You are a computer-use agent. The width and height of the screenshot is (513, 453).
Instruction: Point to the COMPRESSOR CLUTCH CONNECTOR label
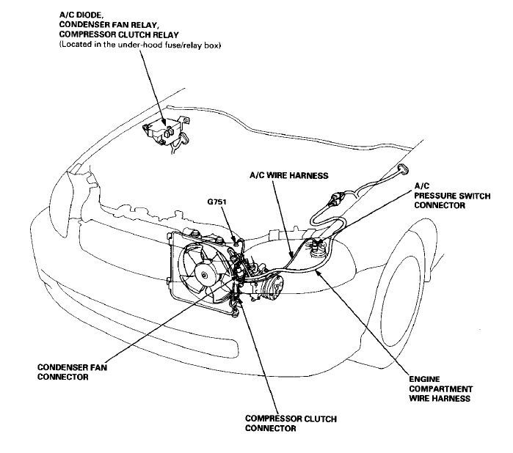291,422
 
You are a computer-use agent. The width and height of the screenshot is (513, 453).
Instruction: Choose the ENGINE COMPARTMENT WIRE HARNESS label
439,389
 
